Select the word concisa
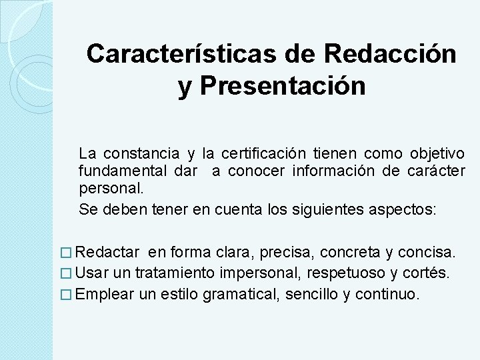[428, 253]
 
